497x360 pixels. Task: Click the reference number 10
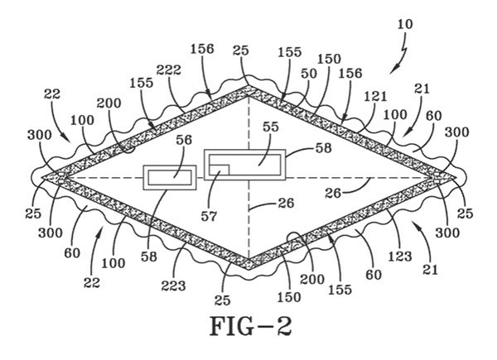tap(405, 24)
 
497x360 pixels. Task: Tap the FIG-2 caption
tap(250, 326)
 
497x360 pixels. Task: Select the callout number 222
tap(169, 70)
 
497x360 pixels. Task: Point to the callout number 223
tap(173, 286)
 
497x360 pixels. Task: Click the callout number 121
tap(375, 96)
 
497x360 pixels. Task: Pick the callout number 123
tap(400, 257)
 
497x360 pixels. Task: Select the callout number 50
tap(309, 74)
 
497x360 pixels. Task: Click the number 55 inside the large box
tap(270, 127)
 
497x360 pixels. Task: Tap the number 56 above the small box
tap(184, 140)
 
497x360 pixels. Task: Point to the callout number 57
tap(209, 216)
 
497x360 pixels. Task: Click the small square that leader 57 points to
tap(219, 170)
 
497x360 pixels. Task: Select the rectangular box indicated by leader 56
tap(170, 178)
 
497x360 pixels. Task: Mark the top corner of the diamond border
tap(248, 86)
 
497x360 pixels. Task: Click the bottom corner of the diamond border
tap(249, 269)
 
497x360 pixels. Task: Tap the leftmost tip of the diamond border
tap(42, 177)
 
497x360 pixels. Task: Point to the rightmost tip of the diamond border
tap(456, 178)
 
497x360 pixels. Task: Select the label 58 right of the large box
tap(323, 148)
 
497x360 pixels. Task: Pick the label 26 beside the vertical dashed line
tap(286, 203)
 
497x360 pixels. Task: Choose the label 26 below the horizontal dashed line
tap(333, 193)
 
